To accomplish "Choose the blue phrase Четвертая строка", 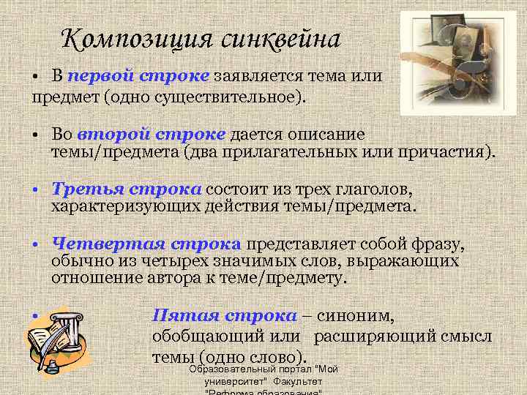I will pyautogui.click(x=146, y=244).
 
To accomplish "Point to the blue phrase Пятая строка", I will pyautogui.click(x=224, y=315).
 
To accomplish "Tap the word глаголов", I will pyautogui.click(x=375, y=189).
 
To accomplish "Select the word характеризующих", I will pyautogui.click(x=115, y=206).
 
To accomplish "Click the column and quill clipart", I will pyautogui.click(x=56, y=336).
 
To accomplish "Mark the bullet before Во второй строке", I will pyautogui.click(x=35, y=135).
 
